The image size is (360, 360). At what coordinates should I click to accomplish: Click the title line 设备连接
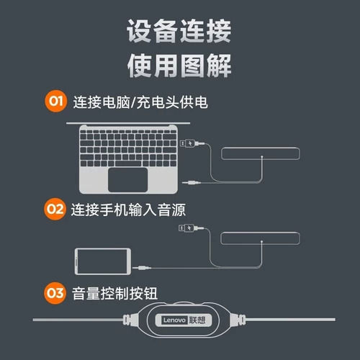click(x=179, y=32)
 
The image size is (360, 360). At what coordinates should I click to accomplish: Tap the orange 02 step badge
click(x=55, y=210)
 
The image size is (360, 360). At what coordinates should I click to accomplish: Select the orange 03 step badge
click(x=55, y=293)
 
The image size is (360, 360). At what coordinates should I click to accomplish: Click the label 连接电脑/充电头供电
click(x=140, y=102)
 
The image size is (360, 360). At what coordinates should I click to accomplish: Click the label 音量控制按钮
click(x=115, y=294)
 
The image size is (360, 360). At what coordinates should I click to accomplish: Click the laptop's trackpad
click(x=128, y=178)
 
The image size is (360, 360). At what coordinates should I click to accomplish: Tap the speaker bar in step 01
click(x=260, y=153)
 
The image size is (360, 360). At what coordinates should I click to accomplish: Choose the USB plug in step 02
click(x=186, y=229)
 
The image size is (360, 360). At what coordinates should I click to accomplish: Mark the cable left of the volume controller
click(x=79, y=320)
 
